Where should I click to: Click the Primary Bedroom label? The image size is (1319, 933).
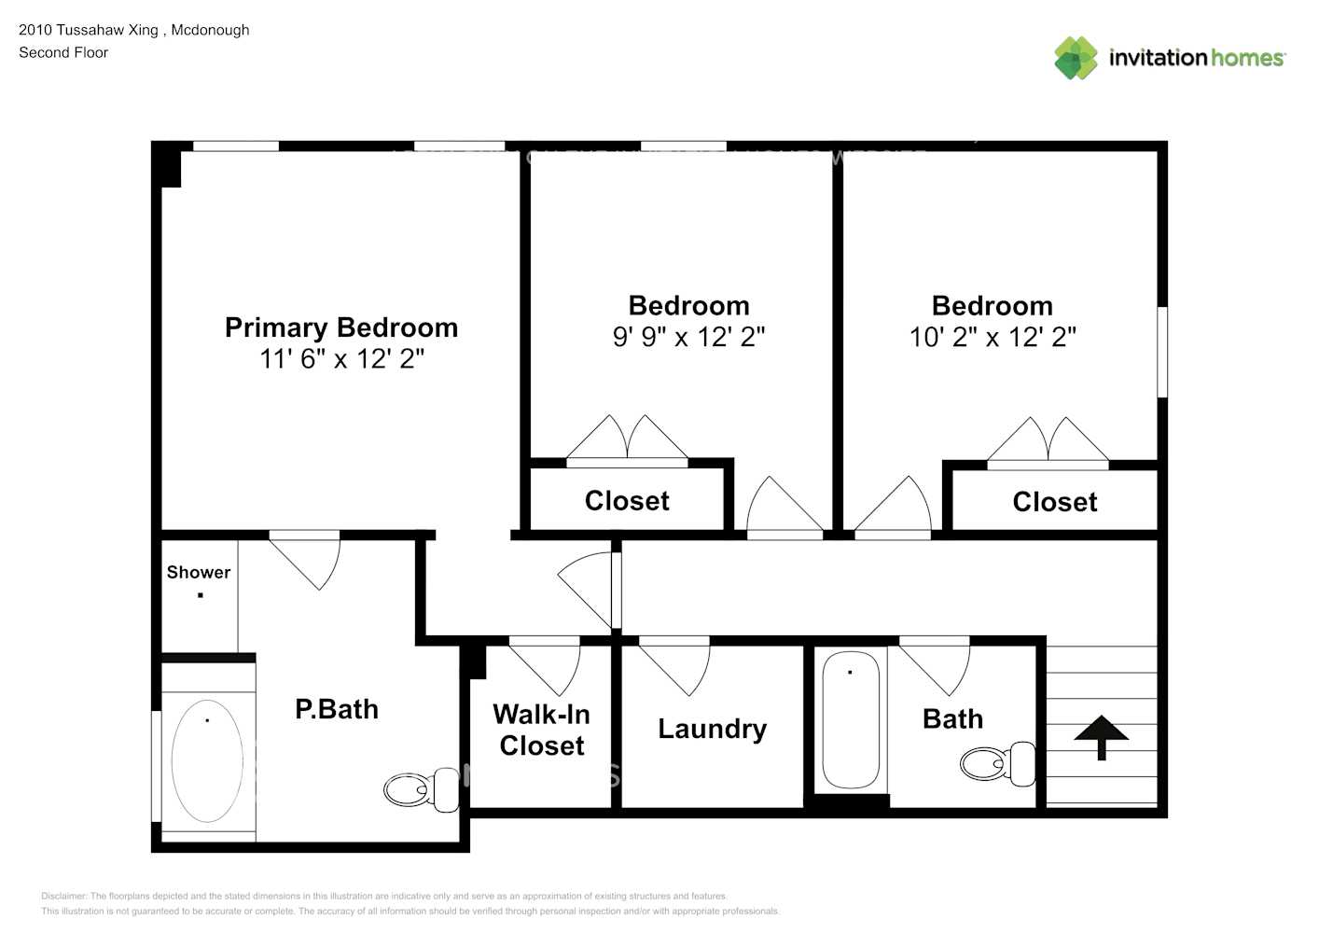[x=341, y=327]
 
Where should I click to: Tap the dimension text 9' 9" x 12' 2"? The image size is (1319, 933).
[x=688, y=337]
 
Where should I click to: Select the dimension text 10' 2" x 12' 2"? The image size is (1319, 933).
[x=993, y=337]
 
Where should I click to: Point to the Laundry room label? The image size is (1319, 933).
[x=712, y=729]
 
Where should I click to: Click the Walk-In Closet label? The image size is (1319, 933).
[x=541, y=730]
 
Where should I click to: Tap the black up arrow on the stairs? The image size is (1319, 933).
[x=1101, y=736]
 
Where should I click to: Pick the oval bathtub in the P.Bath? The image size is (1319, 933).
[x=207, y=761]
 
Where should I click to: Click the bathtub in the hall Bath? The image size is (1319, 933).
[x=850, y=720]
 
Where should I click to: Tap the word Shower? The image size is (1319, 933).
[x=199, y=572]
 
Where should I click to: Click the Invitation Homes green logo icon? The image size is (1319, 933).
[x=1076, y=58]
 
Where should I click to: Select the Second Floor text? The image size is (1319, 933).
[x=63, y=53]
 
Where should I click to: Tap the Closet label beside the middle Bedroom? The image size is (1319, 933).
[x=627, y=501]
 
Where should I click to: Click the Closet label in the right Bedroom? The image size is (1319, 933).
[x=1055, y=502]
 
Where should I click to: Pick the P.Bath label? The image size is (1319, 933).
[x=337, y=709]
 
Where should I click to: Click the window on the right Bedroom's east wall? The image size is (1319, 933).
[x=1162, y=352]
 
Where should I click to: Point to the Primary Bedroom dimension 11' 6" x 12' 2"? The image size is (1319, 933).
[x=341, y=358]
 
